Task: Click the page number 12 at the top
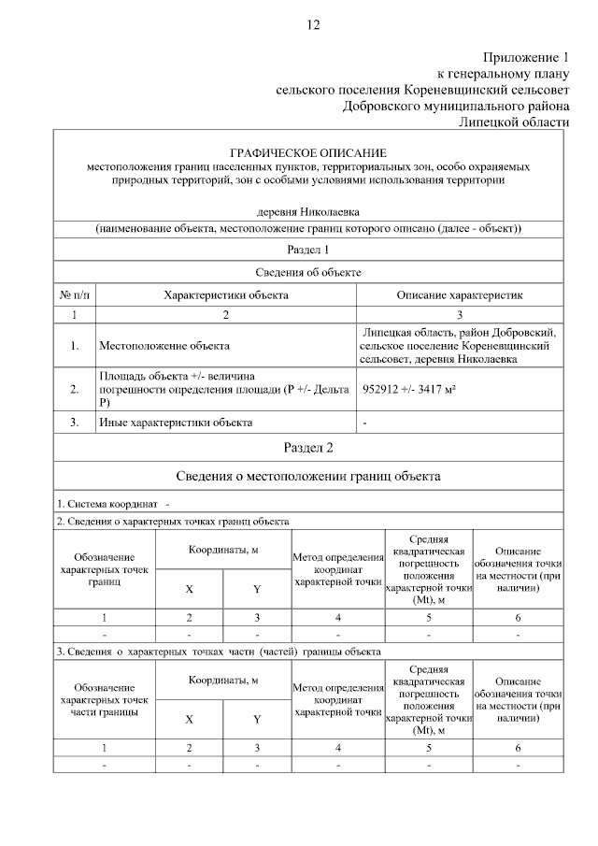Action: pyautogui.click(x=312, y=25)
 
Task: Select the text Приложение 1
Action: pyautogui.click(x=525, y=57)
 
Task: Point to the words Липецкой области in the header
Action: pyautogui.click(x=513, y=122)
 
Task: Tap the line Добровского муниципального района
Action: pyautogui.click(x=455, y=107)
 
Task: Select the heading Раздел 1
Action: pyautogui.click(x=307, y=250)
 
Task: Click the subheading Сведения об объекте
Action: pyautogui.click(x=307, y=272)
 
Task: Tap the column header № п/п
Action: pyautogui.click(x=74, y=294)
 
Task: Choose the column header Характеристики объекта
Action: pyautogui.click(x=225, y=294)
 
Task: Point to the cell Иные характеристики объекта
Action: pyautogui.click(x=176, y=423)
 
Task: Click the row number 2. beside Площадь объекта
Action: pyautogui.click(x=74, y=390)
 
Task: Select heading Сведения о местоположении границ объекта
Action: pyautogui.click(x=307, y=476)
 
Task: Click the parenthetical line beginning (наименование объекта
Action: pyautogui.click(x=307, y=228)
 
